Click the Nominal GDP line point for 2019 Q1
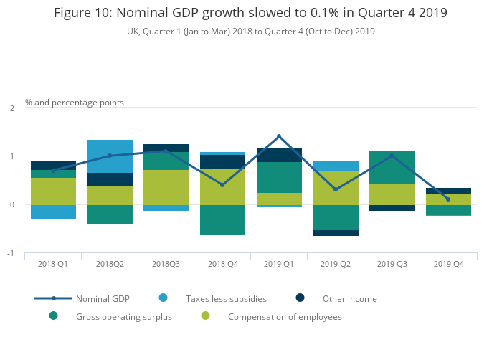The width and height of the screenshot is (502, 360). click(279, 136)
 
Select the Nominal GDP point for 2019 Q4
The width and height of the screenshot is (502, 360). click(448, 199)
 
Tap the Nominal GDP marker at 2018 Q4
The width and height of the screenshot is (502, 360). click(222, 185)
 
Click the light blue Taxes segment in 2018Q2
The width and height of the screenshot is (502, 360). click(110, 156)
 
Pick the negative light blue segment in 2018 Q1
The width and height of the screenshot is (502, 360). click(54, 212)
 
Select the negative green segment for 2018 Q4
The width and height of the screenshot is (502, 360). click(222, 219)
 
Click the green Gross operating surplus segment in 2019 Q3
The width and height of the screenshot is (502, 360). click(392, 168)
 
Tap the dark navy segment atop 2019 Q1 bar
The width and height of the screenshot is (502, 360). click(279, 155)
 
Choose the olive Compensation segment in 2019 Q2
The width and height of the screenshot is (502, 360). click(336, 188)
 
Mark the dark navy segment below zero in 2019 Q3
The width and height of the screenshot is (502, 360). click(392, 208)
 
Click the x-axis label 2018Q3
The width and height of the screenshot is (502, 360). click(166, 264)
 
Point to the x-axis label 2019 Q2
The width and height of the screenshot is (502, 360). click(336, 264)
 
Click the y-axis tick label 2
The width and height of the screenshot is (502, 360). click(12, 108)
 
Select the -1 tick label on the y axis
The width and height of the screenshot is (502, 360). click(11, 253)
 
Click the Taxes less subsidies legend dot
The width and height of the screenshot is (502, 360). click(164, 298)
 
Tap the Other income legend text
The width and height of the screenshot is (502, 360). click(350, 299)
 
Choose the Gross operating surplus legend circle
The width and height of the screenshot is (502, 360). click(54, 316)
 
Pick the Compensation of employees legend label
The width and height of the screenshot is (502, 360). click(285, 317)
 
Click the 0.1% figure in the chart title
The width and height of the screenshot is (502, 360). click(324, 13)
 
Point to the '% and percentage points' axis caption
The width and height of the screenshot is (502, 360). click(75, 103)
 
